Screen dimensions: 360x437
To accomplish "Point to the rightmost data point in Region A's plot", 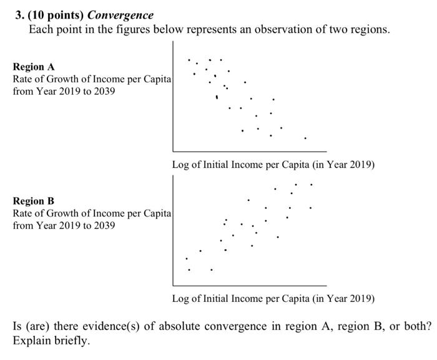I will pyautogui.click(x=305, y=138).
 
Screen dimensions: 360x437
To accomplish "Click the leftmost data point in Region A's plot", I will pyautogui.click(x=189, y=61).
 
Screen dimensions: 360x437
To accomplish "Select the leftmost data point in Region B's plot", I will pyautogui.click(x=186, y=258).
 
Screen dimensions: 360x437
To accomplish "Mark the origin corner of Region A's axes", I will pyautogui.click(x=174, y=152).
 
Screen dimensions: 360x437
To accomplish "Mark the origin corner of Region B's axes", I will pyautogui.click(x=174, y=285).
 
